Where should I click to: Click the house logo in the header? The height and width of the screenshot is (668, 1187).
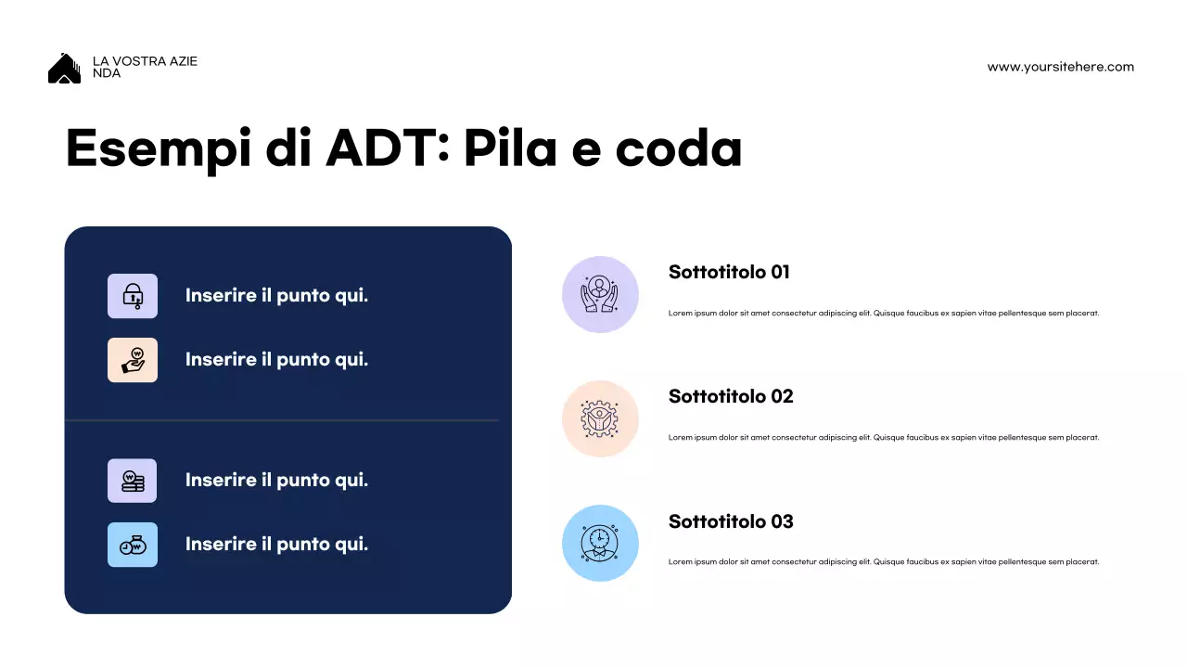pyautogui.click(x=64, y=69)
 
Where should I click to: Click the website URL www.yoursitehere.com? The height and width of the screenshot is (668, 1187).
pyautogui.click(x=1060, y=67)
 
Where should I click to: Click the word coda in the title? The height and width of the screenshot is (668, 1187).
pyautogui.click(x=679, y=148)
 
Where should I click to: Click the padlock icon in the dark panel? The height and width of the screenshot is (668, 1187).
pyautogui.click(x=133, y=296)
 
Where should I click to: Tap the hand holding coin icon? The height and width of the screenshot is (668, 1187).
pyautogui.click(x=133, y=360)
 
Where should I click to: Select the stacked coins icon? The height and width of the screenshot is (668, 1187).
pyautogui.click(x=133, y=481)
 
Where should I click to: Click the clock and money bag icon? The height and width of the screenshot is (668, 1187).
pyautogui.click(x=133, y=545)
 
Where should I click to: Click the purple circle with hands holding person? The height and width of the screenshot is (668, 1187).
pyautogui.click(x=600, y=294)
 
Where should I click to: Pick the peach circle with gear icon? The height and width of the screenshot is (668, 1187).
pyautogui.click(x=600, y=418)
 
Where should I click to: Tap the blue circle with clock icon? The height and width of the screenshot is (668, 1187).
pyautogui.click(x=600, y=543)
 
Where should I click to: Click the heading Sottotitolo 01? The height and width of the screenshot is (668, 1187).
pyautogui.click(x=729, y=272)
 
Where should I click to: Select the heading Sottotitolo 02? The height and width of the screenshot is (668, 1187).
pyautogui.click(x=731, y=396)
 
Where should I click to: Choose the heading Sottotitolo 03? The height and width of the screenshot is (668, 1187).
pyautogui.click(x=731, y=521)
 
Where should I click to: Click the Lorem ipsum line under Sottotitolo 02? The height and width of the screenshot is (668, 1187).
pyautogui.click(x=883, y=437)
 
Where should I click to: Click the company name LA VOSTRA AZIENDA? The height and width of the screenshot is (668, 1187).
pyautogui.click(x=145, y=67)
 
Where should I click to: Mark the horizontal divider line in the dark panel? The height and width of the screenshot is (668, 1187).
pyautogui.click(x=282, y=420)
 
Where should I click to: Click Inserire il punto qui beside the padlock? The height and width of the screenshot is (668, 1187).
pyautogui.click(x=276, y=296)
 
